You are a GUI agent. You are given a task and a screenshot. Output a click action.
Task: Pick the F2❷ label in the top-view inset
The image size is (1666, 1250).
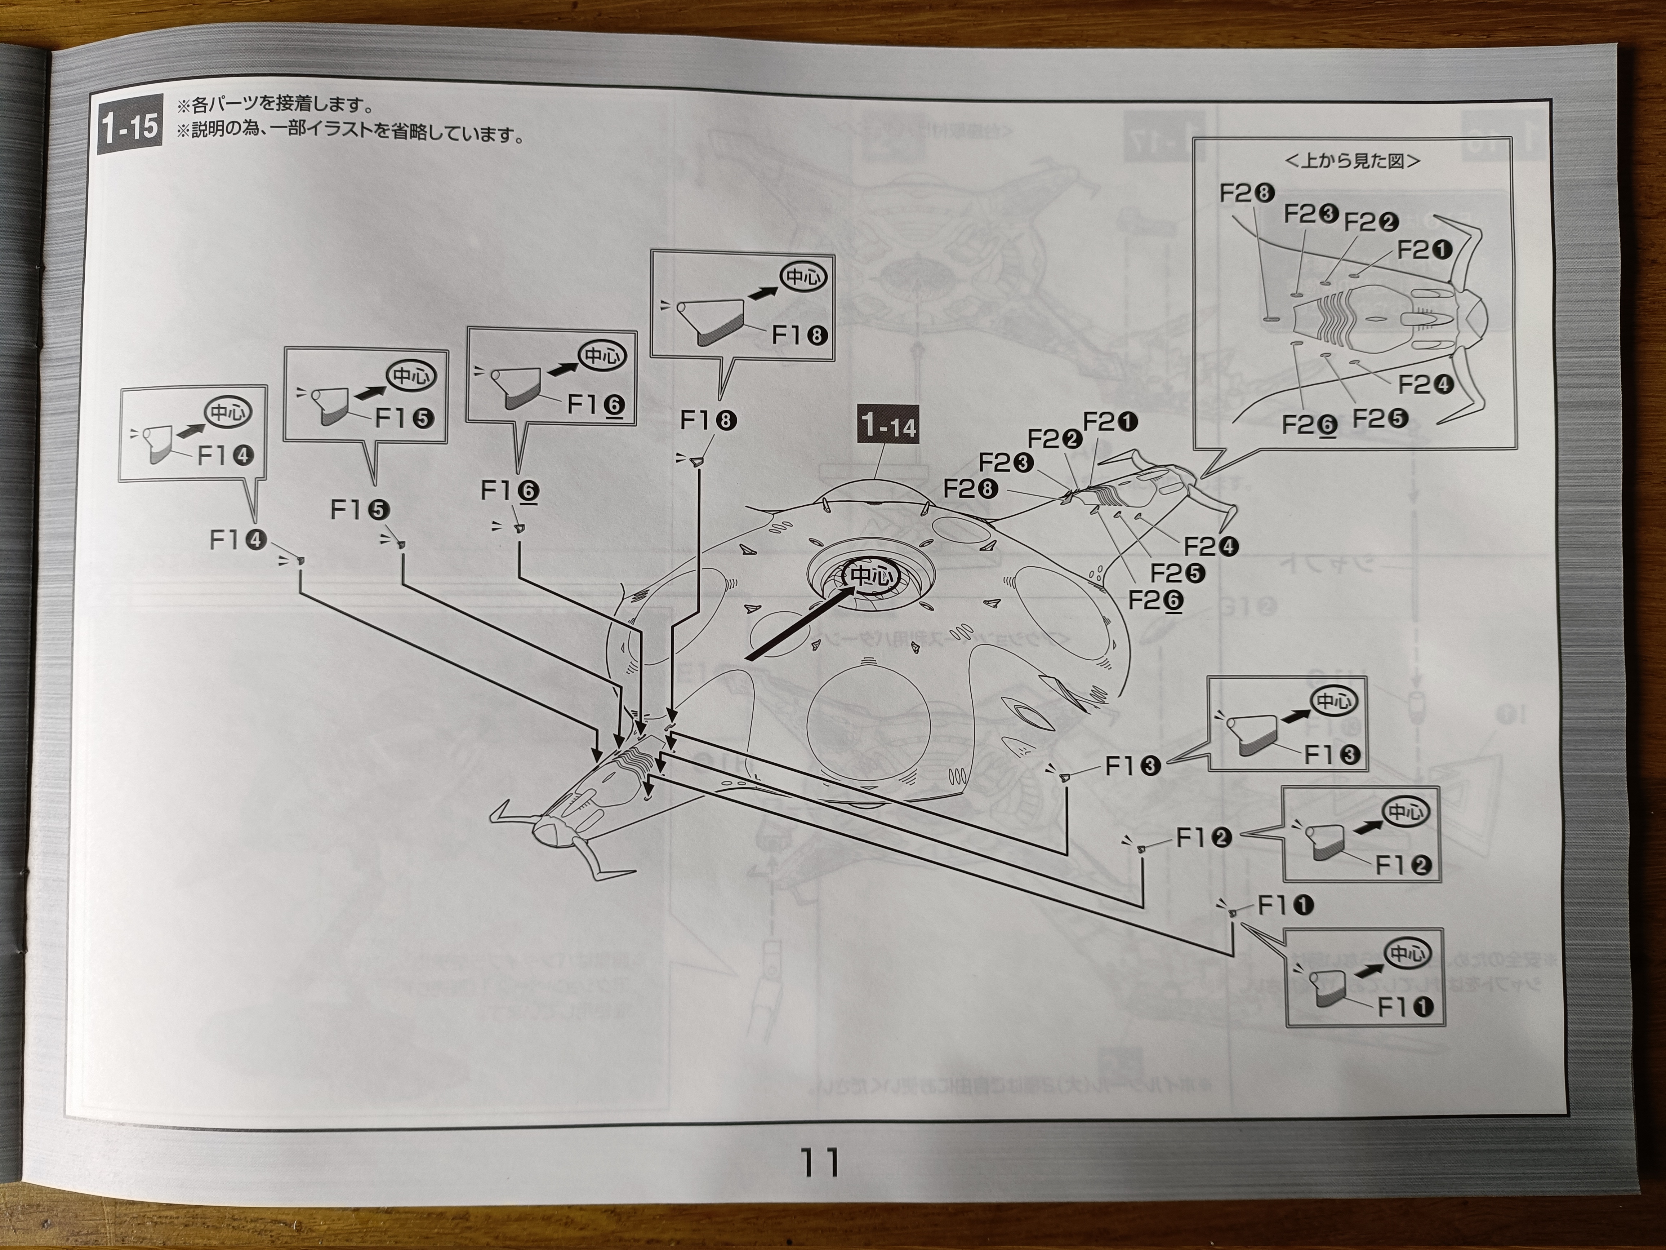(1371, 222)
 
